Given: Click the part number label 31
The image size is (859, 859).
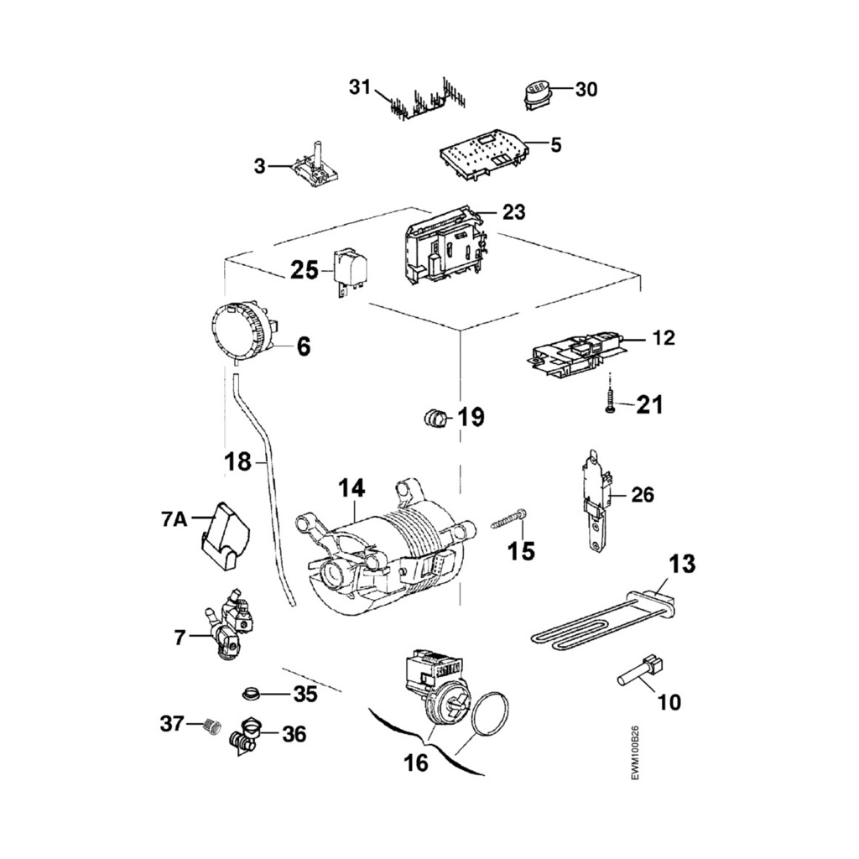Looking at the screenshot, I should [x=359, y=86].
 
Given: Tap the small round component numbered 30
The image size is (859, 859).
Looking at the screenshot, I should [x=535, y=92].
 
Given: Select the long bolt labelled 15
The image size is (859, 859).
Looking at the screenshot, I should [x=508, y=521].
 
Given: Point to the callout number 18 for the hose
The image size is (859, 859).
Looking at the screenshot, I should [x=238, y=461].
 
